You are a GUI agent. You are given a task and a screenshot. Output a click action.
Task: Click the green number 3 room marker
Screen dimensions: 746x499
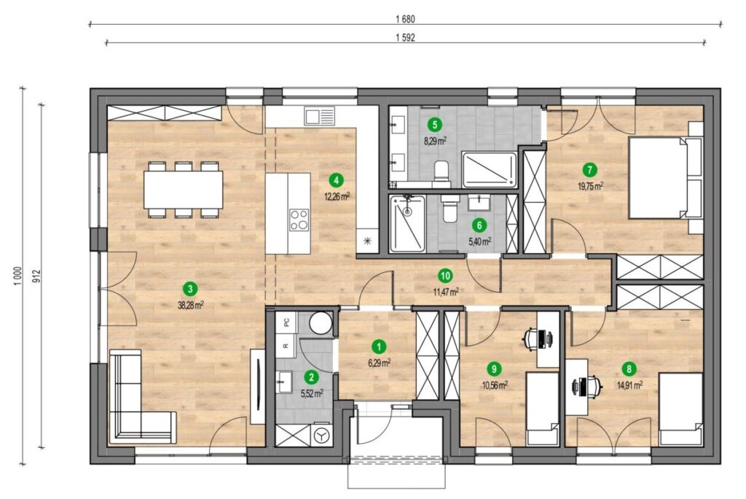(x=190, y=288)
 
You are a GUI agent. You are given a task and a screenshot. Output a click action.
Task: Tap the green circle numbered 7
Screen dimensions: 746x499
(x=590, y=169)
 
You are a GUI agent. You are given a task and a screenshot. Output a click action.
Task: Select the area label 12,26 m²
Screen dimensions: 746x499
(x=337, y=196)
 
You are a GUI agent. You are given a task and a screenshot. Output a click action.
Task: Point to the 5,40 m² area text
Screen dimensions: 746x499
(x=479, y=241)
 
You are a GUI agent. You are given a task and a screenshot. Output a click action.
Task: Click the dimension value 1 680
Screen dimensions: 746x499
(x=405, y=20)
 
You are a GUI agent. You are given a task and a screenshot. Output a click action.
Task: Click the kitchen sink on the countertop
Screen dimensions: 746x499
(x=320, y=116)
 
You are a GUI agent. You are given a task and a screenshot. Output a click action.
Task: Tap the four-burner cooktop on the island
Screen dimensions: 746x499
(x=299, y=220)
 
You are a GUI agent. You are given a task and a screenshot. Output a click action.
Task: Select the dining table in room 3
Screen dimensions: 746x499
(x=184, y=189)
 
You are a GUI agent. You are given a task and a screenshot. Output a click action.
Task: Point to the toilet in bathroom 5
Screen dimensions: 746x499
(x=442, y=174)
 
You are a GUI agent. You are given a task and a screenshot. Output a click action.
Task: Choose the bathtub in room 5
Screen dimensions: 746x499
(x=489, y=170)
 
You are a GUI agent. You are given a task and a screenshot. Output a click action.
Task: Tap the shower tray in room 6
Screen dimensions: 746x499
(x=407, y=223)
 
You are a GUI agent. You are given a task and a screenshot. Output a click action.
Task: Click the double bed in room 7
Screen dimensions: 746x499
(x=666, y=178)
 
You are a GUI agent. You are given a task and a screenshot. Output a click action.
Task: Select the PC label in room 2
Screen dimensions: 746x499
(x=286, y=322)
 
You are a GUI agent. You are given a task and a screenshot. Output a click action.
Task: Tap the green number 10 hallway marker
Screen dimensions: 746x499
(x=446, y=276)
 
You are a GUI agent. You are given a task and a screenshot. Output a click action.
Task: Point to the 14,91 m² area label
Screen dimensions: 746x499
(x=630, y=385)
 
